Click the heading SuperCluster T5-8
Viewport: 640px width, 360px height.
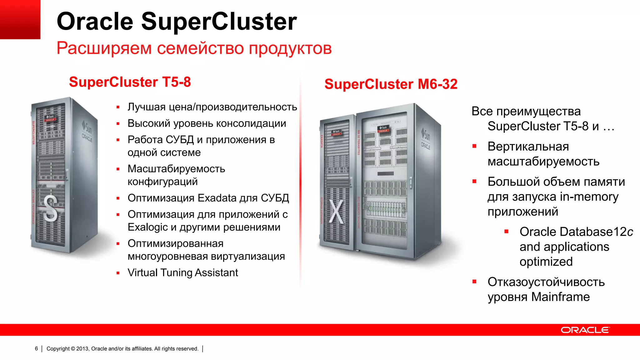[x=130, y=82]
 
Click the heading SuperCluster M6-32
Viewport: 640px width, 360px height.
[x=391, y=84]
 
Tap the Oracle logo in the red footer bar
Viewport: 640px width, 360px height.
[x=585, y=330]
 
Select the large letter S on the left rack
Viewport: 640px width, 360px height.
[x=50, y=208]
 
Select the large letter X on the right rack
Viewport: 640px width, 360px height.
[x=337, y=212]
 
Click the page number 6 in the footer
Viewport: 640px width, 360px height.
[x=36, y=348]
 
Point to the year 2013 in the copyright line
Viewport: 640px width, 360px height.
[x=82, y=349]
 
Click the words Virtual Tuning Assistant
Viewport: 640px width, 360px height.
[x=183, y=272]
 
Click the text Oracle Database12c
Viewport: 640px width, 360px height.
[x=576, y=232]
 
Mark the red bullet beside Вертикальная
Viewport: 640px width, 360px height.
[x=474, y=146]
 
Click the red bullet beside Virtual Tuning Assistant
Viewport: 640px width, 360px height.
[x=118, y=273]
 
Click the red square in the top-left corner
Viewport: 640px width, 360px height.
[x=20, y=19]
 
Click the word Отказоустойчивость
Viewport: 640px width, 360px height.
[x=546, y=282]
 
